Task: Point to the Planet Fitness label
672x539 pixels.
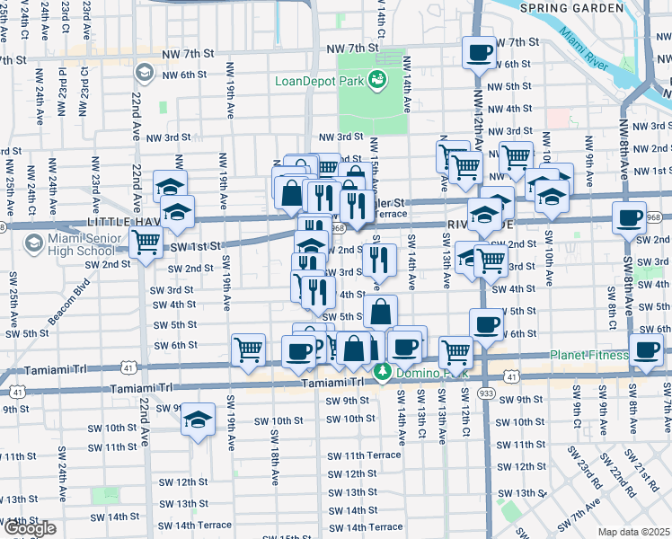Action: point(589,355)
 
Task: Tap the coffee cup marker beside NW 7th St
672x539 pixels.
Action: point(478,51)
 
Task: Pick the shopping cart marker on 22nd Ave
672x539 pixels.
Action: point(146,241)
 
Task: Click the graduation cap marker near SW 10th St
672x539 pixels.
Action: point(197,420)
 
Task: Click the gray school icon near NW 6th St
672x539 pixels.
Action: point(143,72)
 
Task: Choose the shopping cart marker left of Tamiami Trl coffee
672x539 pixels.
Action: point(248,349)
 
